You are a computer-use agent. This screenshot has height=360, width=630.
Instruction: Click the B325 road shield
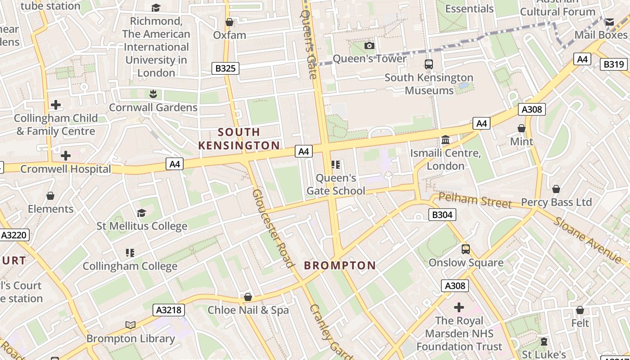pyautogui.click(x=225, y=68)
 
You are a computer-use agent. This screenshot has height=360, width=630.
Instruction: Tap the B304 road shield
pyautogui.click(x=442, y=215)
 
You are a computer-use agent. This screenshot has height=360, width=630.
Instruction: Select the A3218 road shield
pyautogui.click(x=169, y=310)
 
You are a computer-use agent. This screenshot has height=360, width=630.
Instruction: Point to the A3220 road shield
pyautogui.click(x=14, y=235)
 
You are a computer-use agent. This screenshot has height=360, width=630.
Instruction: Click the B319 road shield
pyautogui.click(x=613, y=64)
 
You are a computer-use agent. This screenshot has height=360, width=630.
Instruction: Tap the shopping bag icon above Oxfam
pyautogui.click(x=229, y=22)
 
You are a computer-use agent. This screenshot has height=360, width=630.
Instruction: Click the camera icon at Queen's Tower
pyautogui.click(x=369, y=45)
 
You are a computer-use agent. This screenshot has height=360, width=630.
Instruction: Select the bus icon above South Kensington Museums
pyautogui.click(x=428, y=64)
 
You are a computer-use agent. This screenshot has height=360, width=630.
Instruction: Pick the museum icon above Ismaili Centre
pyautogui.click(x=445, y=140)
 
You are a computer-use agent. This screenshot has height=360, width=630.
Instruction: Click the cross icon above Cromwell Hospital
pyautogui.click(x=66, y=156)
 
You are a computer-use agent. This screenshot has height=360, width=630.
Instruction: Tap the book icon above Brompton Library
pyautogui.click(x=130, y=325)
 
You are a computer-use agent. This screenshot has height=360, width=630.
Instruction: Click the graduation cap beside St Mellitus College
pyautogui.click(x=142, y=213)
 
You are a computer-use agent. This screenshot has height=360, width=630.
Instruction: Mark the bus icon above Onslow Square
pyautogui.click(x=466, y=249)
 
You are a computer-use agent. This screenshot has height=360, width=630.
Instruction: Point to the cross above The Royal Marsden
pyautogui.click(x=459, y=307)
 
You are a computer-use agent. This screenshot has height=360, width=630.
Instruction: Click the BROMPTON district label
pyautogui.click(x=340, y=265)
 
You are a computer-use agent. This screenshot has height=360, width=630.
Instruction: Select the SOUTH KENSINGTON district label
pyautogui.click(x=239, y=139)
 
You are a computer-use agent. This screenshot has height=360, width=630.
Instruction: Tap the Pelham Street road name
pyautogui.click(x=475, y=201)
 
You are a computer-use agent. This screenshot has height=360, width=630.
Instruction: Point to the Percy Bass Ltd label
pyautogui.click(x=556, y=202)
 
